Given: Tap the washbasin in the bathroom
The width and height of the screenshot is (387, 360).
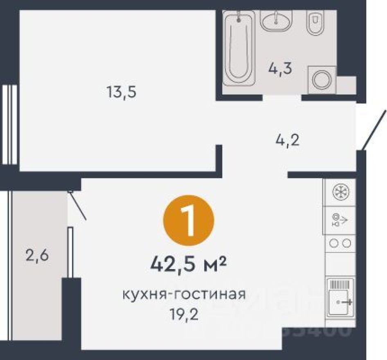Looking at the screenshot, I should [x=277, y=21].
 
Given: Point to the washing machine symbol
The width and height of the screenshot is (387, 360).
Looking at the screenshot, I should [x=322, y=78].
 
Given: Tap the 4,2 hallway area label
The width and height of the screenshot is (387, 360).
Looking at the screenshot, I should [x=287, y=141].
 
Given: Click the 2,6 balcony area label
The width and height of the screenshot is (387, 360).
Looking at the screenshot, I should [x=37, y=257].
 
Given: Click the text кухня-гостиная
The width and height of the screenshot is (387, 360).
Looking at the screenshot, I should [x=184, y=295].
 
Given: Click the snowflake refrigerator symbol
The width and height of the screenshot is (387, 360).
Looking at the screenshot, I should [x=340, y=192].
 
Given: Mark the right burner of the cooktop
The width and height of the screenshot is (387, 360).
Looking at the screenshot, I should [x=346, y=243].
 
